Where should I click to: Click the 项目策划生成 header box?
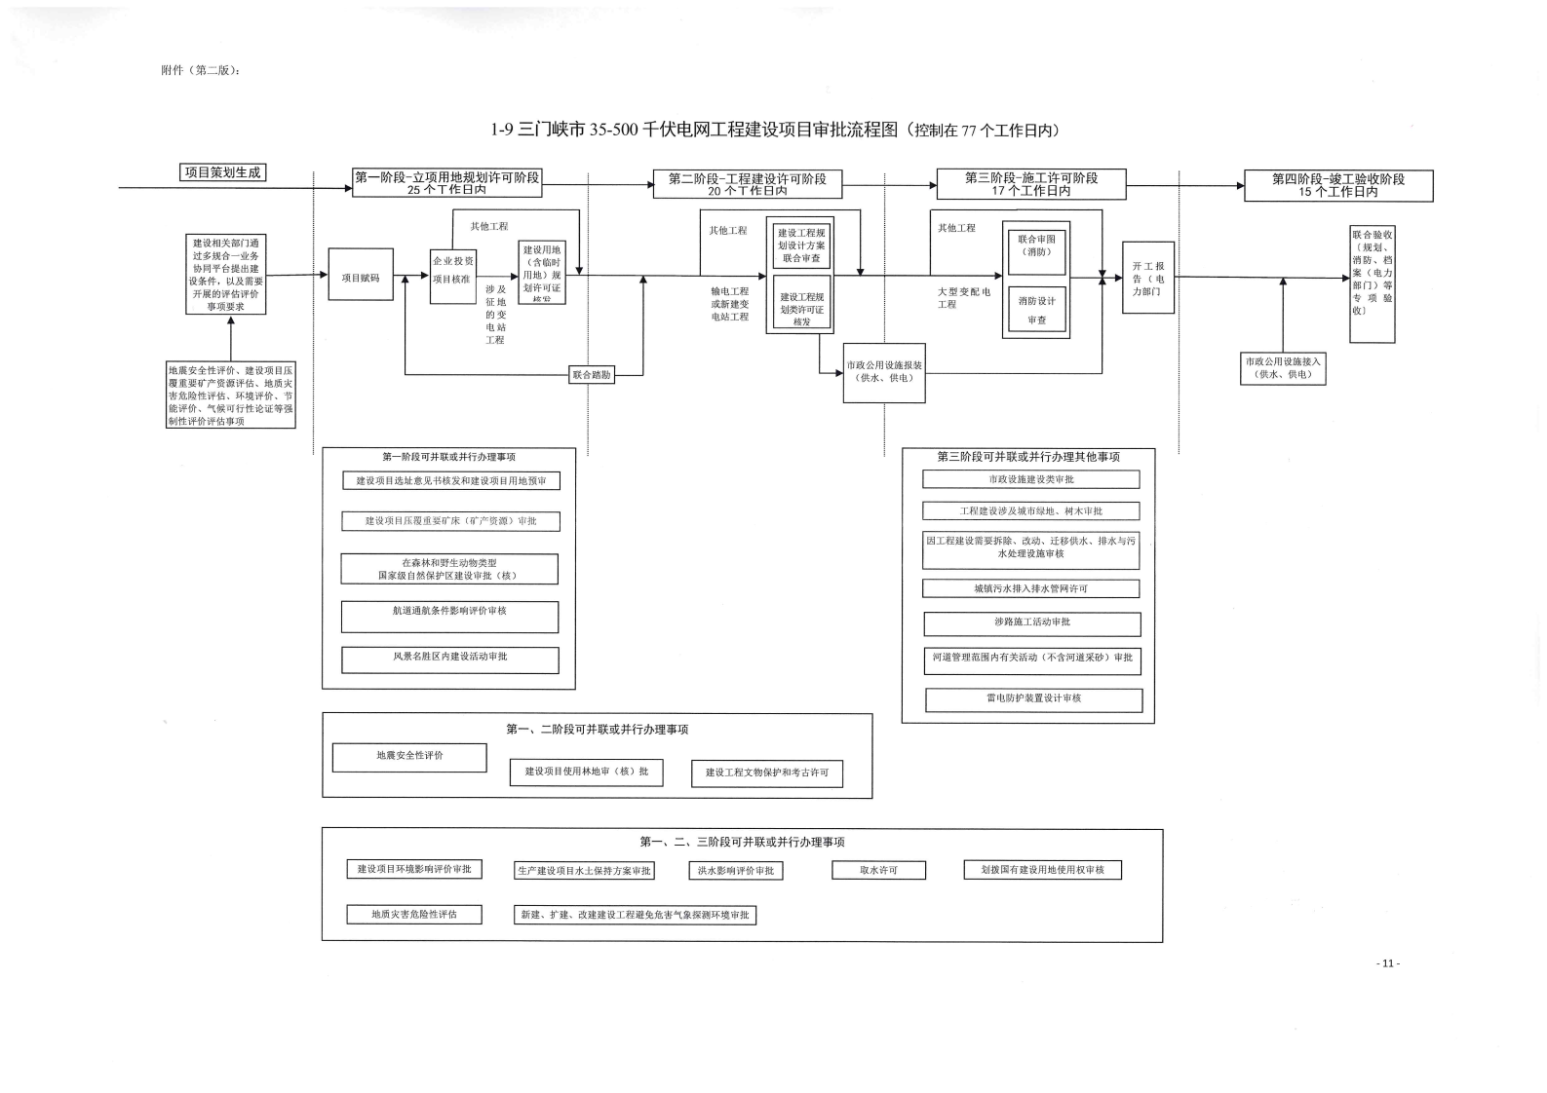click(223, 172)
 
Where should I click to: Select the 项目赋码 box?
click(361, 278)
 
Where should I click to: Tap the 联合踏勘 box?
click(592, 374)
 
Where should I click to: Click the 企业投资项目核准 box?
click(452, 270)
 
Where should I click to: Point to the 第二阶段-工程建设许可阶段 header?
click(747, 183)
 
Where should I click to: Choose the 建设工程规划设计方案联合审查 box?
click(801, 245)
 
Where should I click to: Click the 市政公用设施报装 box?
click(884, 371)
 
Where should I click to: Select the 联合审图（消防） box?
click(1036, 246)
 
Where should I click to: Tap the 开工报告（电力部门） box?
click(1148, 278)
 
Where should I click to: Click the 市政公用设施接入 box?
click(1283, 367)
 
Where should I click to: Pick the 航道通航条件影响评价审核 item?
click(449, 616)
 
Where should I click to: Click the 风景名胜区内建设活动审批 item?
click(449, 659)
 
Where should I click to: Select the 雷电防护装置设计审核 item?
click(1033, 698)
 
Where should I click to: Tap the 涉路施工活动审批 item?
click(1031, 622)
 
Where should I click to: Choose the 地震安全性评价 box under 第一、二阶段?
click(409, 756)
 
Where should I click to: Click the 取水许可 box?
click(878, 870)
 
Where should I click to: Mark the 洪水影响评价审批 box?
click(735, 871)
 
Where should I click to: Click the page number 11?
click(1388, 963)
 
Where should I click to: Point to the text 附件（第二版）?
click(200, 70)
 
